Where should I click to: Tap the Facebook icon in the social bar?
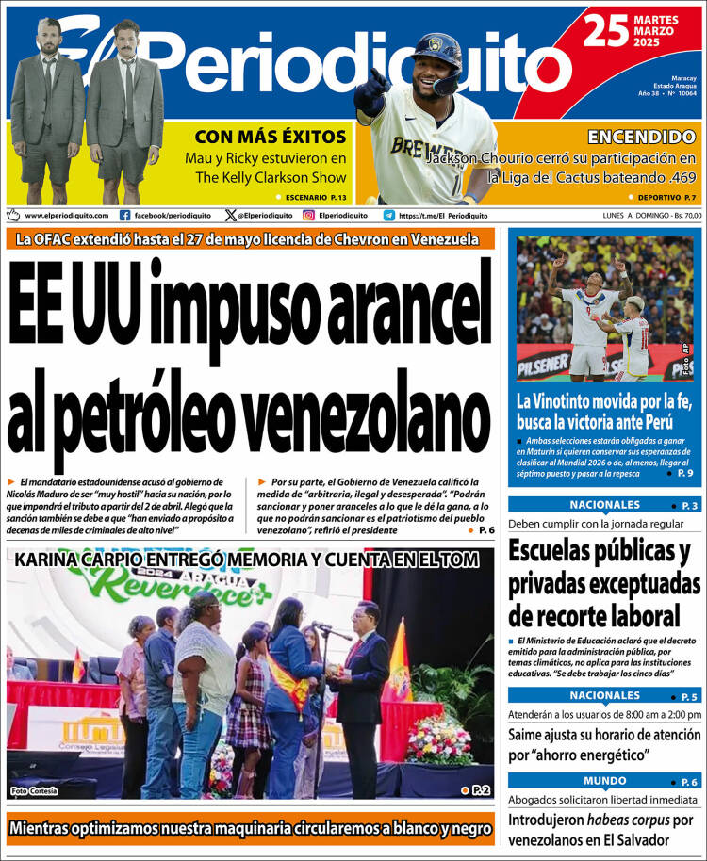pyautogui.click(x=125, y=215)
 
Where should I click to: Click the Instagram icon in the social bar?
pyautogui.click(x=308, y=215)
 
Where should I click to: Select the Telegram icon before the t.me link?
pyautogui.click(x=388, y=215)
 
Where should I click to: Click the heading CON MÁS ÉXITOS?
pyautogui.click(x=271, y=135)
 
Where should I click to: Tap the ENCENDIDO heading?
pyautogui.click(x=641, y=136)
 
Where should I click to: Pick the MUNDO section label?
pyautogui.click(x=604, y=781)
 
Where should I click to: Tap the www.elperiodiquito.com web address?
pyautogui.click(x=66, y=215)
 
